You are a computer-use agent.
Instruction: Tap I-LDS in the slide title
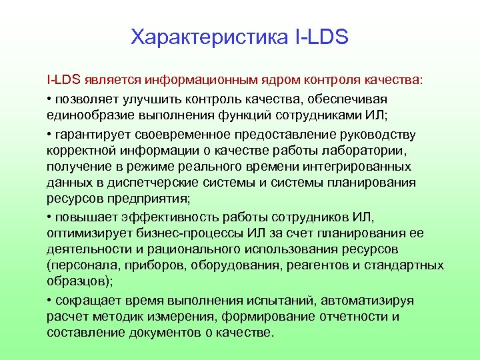321,37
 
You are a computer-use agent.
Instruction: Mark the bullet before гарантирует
49,134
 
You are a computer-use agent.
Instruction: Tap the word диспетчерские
165,183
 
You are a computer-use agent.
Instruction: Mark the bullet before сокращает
49,300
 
